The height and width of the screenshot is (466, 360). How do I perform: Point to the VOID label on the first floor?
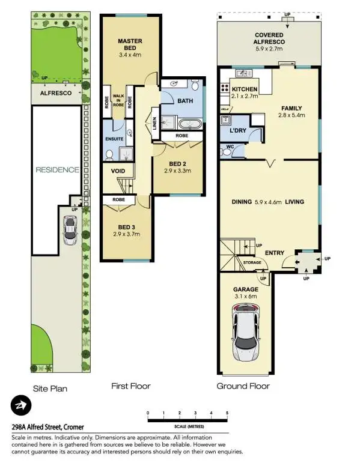118,171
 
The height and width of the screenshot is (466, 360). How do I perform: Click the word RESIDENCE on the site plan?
57,169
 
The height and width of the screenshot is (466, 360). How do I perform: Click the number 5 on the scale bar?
227,413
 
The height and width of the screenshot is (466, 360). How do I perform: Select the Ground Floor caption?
243,386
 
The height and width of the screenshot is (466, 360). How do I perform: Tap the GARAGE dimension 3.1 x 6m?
245,296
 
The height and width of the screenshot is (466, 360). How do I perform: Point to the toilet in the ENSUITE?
109,154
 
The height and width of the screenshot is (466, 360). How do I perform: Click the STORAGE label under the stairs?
252,262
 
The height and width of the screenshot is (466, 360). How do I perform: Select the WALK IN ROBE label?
118,100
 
